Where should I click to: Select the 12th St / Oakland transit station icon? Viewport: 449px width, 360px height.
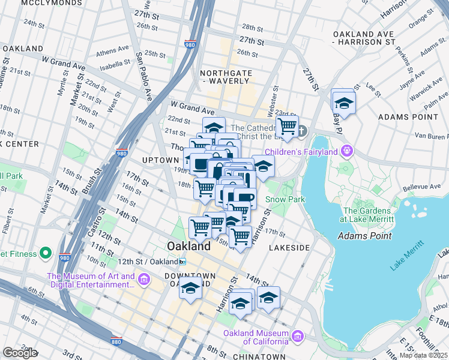182,262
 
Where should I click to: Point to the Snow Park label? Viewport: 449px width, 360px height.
286,199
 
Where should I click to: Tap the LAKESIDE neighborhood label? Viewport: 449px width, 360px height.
289,247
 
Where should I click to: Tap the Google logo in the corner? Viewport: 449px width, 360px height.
20,353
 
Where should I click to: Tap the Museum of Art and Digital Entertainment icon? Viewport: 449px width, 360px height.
143,280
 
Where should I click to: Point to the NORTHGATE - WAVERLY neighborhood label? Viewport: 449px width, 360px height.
224,77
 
